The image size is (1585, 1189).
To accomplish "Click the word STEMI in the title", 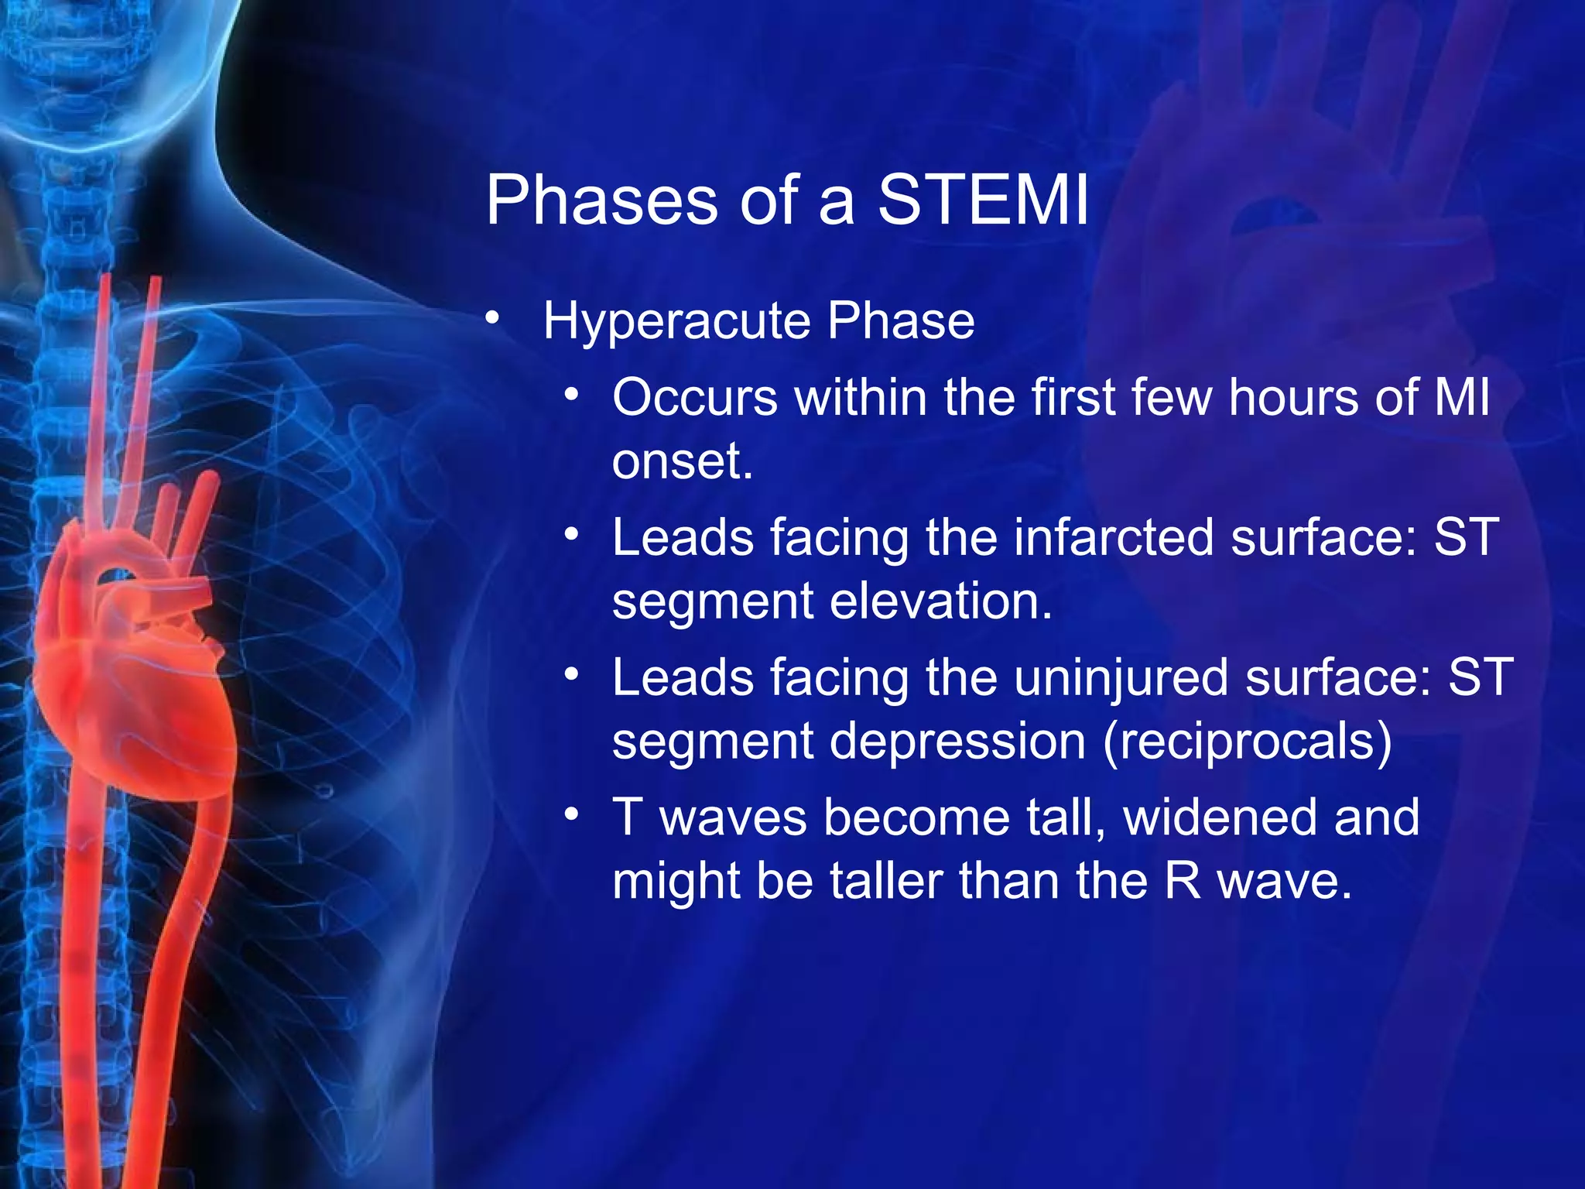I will pos(983,200).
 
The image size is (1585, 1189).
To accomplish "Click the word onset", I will pos(682,462).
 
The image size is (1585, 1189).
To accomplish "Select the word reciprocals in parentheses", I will pos(1247,742).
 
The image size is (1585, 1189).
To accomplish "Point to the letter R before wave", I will pos(1183,882).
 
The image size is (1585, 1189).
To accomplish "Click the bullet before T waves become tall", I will pos(571,814).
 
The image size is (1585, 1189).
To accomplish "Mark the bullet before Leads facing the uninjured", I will pos(571,675).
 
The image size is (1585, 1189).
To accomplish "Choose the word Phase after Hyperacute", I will pos(901,321).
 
